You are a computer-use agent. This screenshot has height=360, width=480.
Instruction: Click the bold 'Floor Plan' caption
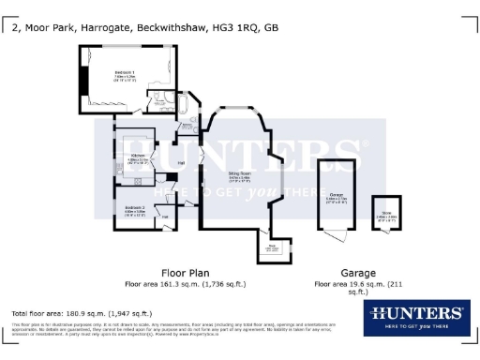click(x=184, y=271)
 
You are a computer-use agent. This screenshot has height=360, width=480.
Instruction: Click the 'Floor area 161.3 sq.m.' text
click(x=184, y=282)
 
